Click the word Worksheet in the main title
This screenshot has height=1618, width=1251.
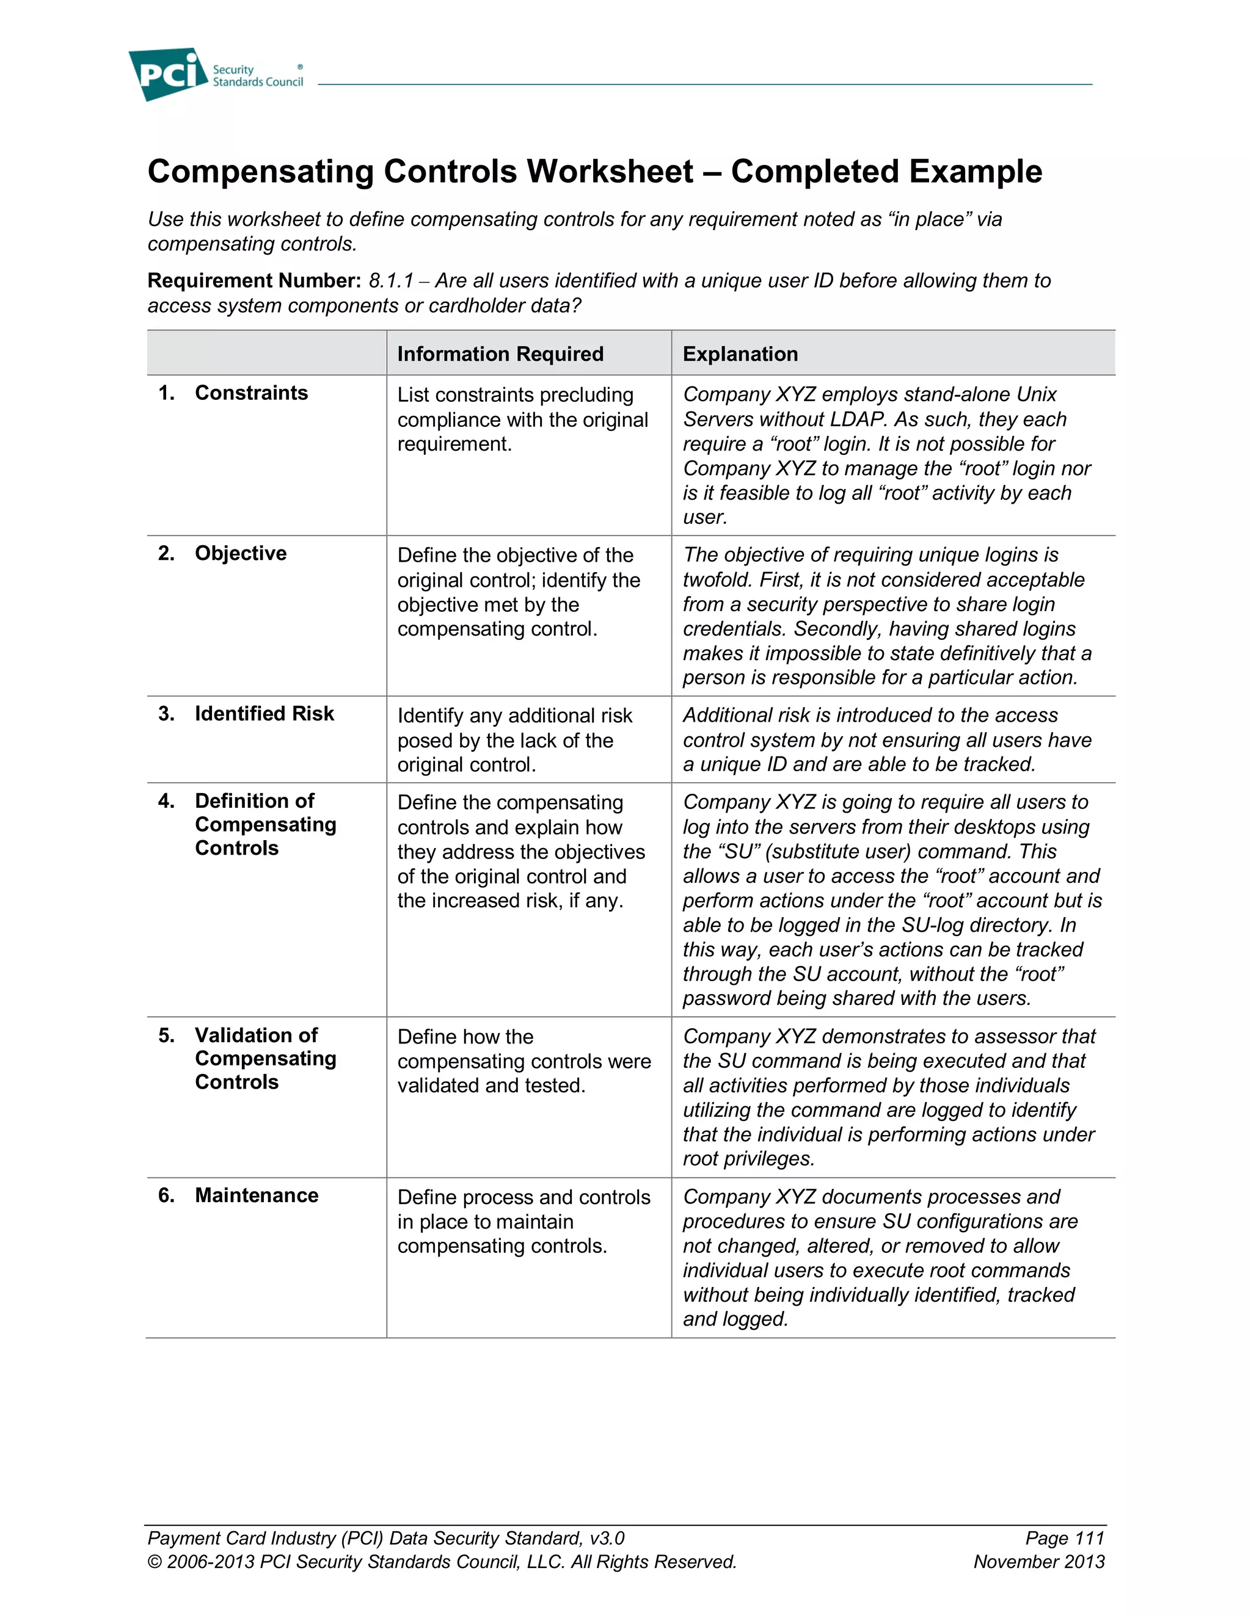coord(610,172)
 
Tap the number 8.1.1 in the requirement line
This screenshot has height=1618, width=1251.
coord(390,281)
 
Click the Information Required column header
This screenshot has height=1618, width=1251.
coord(500,354)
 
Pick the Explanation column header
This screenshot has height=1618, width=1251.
coord(740,354)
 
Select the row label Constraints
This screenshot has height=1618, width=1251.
coord(251,393)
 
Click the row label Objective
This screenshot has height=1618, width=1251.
coord(240,553)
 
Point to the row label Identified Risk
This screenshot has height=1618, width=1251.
coord(264,713)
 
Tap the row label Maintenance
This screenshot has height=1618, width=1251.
coord(257,1195)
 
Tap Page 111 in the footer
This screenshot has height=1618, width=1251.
coord(1064,1538)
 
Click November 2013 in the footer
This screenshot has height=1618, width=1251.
coord(1038,1562)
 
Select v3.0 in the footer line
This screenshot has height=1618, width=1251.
coord(606,1538)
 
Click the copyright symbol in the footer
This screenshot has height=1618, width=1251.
coord(154,1562)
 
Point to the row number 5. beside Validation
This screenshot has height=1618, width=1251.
coord(166,1036)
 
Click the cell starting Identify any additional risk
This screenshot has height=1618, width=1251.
coord(514,740)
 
